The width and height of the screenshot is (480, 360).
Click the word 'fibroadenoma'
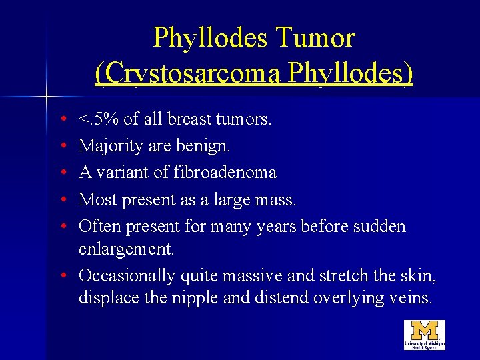[225, 173]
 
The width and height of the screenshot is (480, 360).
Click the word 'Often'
[96, 227]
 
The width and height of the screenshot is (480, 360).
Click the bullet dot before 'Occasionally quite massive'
[62, 276]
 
